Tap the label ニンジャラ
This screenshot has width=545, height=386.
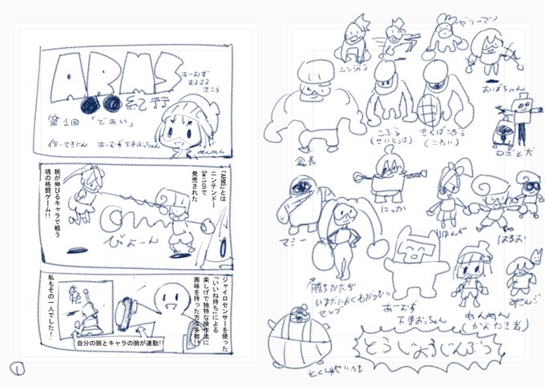pyautogui.click(x=357, y=69)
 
